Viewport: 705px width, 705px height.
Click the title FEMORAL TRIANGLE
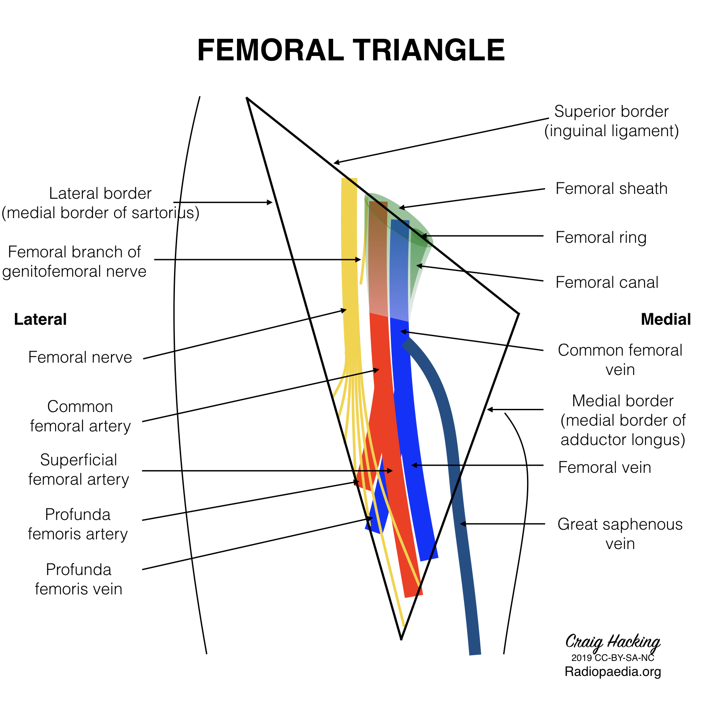[351, 50]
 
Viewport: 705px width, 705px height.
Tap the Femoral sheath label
[611, 189]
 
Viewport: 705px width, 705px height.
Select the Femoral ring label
[601, 237]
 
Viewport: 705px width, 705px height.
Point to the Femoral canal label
[607, 282]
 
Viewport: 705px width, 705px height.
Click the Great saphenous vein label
[620, 534]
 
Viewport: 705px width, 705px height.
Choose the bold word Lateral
[40, 319]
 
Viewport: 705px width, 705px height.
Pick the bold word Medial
[665, 319]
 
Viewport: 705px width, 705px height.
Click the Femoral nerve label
[80, 357]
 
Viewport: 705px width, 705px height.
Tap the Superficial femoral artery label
[78, 469]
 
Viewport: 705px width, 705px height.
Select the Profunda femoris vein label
[78, 579]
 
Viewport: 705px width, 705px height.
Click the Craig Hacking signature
[612, 642]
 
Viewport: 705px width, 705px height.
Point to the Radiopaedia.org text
[612, 672]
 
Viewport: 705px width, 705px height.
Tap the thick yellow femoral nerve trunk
[350, 264]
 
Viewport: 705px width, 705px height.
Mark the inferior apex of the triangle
[401, 638]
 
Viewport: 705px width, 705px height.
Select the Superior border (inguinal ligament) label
[611, 121]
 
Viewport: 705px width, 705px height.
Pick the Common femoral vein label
[620, 360]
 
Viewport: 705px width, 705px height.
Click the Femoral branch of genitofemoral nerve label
[74, 261]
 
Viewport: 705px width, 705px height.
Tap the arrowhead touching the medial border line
[489, 410]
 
